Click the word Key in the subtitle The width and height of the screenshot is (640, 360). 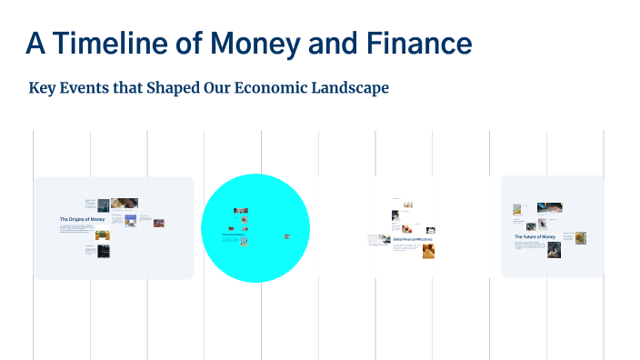pyautogui.click(x=44, y=88)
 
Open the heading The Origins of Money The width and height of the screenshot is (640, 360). pyautogui.click(x=82, y=219)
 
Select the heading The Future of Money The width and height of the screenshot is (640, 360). pyautogui.click(x=535, y=236)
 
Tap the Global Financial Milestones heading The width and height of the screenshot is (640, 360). pyautogui.click(x=413, y=239)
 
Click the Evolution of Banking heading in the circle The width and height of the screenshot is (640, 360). pyautogui.click(x=235, y=235)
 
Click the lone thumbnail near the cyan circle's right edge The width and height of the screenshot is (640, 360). pyautogui.click(x=287, y=236)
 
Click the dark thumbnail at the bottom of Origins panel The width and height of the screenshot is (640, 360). pyautogui.click(x=103, y=250)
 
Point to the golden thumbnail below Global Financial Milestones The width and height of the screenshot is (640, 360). pyautogui.click(x=427, y=251)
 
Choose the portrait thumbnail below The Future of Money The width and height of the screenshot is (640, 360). pyautogui.click(x=554, y=250)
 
